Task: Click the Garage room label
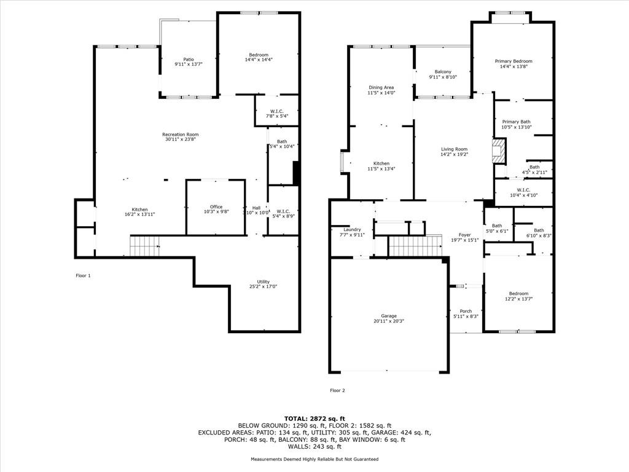[x=388, y=315]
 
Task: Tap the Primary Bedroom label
[x=514, y=61]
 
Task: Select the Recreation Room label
[x=181, y=135]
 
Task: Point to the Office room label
[x=216, y=207]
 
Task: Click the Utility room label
[x=263, y=281]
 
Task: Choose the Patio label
[x=188, y=59]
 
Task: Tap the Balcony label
[x=443, y=72]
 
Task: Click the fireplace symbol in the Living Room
[x=500, y=151]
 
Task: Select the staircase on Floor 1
[x=144, y=246]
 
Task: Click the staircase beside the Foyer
[x=416, y=246]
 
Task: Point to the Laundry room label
[x=352, y=229]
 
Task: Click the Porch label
[x=466, y=311]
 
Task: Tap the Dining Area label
[x=381, y=87]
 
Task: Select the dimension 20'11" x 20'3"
[x=388, y=321]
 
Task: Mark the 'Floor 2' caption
[x=338, y=390]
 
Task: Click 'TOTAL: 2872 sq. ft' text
[x=314, y=418]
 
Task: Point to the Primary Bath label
[x=516, y=122]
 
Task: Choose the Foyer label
[x=465, y=235]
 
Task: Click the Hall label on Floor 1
[x=256, y=207]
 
